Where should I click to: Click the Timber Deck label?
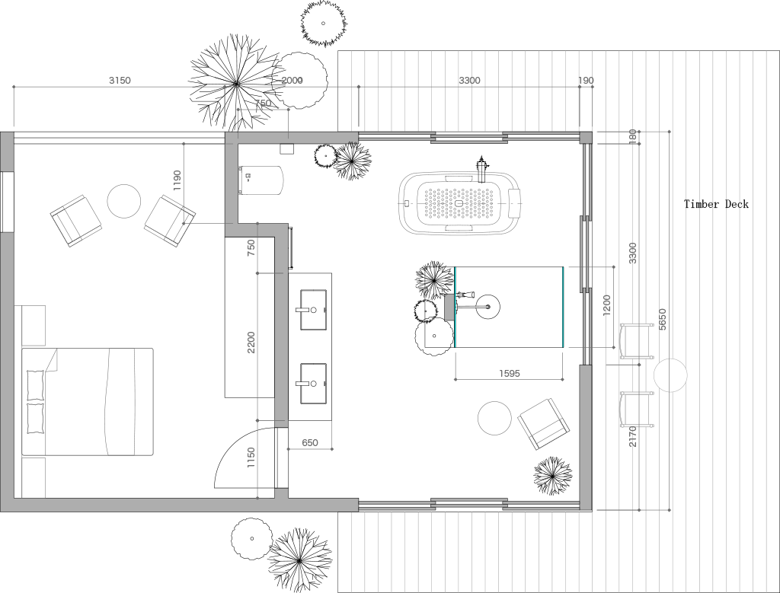pyautogui.click(x=716, y=204)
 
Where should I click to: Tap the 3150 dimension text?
pyautogui.click(x=120, y=81)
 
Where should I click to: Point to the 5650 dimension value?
pyautogui.click(x=662, y=320)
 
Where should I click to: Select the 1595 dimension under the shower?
pyautogui.click(x=510, y=373)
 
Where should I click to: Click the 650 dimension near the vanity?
pyautogui.click(x=310, y=443)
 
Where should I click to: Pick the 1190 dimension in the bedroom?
pyautogui.click(x=177, y=181)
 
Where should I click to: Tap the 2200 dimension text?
pyautogui.click(x=251, y=343)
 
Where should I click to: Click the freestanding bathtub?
pyautogui.click(x=460, y=203)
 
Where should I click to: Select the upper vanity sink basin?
pyautogui.click(x=313, y=310)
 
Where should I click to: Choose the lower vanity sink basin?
pyautogui.click(x=313, y=384)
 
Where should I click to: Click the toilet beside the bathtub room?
pyautogui.click(x=261, y=180)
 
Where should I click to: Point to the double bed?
pyautogui.click(x=88, y=402)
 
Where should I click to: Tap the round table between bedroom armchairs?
pyautogui.click(x=124, y=201)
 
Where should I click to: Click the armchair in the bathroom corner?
pyautogui.click(x=544, y=424)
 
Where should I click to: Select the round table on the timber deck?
pyautogui.click(x=670, y=375)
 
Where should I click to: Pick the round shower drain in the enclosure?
pyautogui.click(x=487, y=307)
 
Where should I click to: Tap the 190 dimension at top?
pyautogui.click(x=586, y=81)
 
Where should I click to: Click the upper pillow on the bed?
pyautogui.click(x=35, y=385)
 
